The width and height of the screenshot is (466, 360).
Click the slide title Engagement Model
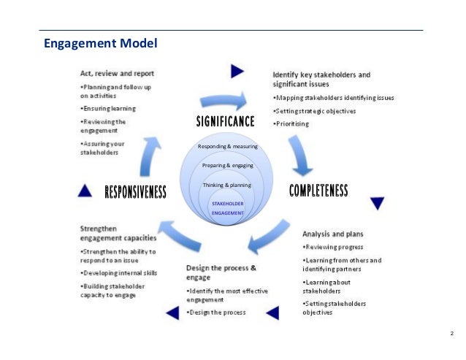[x=101, y=43]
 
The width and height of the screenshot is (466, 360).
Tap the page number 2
[x=452, y=334]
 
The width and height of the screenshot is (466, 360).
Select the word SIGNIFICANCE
[x=225, y=120]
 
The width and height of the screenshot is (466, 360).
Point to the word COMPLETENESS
[x=318, y=191]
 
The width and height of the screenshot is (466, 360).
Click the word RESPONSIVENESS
[x=136, y=192]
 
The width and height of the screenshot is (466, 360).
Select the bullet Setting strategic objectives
[x=315, y=111]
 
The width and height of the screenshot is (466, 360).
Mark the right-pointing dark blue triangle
[x=237, y=71]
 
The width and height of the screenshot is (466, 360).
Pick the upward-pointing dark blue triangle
[x=85, y=191]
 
